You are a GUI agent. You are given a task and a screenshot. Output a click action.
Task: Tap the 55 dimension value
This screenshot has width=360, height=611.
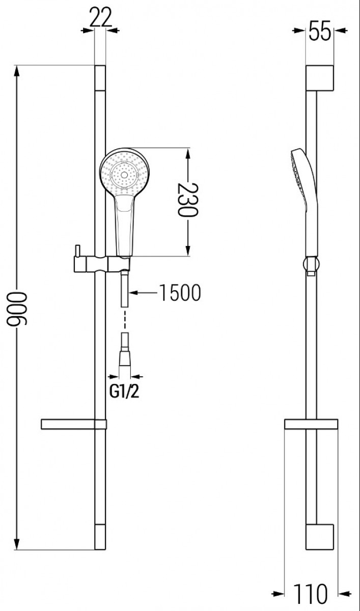[x=320, y=31]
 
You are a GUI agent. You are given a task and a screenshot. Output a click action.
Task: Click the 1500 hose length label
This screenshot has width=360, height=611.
[x=180, y=293]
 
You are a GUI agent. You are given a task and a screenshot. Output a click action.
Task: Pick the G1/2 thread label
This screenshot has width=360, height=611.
[x=124, y=392]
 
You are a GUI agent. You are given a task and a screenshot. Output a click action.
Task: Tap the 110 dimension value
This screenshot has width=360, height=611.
[x=311, y=600]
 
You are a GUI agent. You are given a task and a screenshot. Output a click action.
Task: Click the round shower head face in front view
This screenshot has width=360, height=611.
[x=124, y=173]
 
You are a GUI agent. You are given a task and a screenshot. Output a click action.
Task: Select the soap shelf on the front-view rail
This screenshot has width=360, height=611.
[x=74, y=425]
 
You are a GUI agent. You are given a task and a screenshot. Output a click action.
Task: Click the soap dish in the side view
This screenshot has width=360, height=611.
[x=311, y=424]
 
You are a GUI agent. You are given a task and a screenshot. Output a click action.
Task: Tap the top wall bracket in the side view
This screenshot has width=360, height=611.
[x=320, y=78]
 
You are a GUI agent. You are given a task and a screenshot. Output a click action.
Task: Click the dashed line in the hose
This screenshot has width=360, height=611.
[x=125, y=318]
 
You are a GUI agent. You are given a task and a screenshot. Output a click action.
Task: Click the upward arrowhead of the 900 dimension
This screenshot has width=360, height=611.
[x=17, y=71]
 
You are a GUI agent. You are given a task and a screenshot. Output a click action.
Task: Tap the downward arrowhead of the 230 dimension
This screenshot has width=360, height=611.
[x=187, y=251]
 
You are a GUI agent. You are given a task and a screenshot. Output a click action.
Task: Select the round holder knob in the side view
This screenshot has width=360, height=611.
[x=311, y=264]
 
